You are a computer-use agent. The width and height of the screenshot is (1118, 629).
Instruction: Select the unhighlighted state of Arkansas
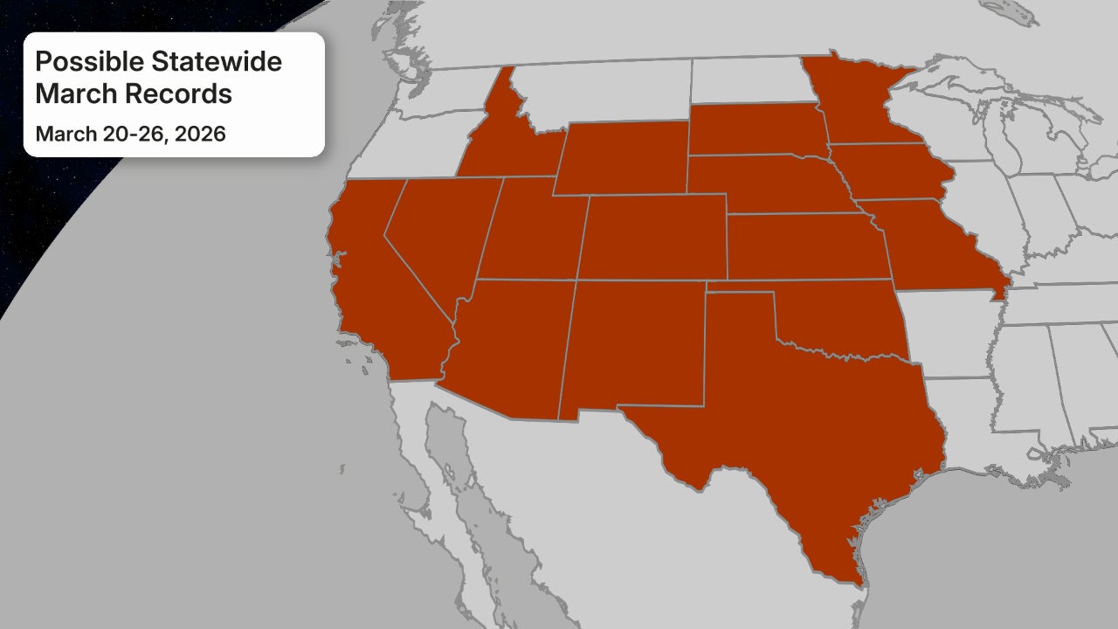coord(948,332)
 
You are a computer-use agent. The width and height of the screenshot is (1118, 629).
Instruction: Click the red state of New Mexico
coord(633,345)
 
